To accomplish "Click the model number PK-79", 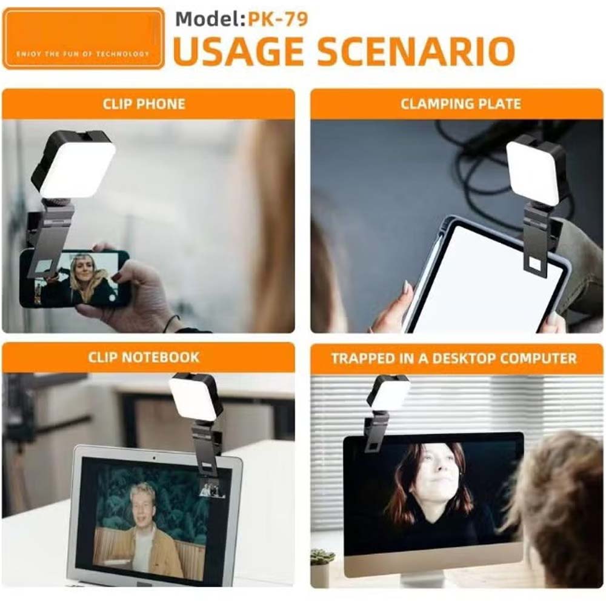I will [x=277, y=19].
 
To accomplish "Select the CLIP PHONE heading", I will [x=144, y=104].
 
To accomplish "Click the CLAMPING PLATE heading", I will [x=461, y=104].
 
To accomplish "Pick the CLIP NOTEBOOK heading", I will [x=144, y=357].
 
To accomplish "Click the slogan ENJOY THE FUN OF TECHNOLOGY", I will [x=83, y=54].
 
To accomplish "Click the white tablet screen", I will [x=485, y=279].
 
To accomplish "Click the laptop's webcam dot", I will [x=154, y=453].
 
